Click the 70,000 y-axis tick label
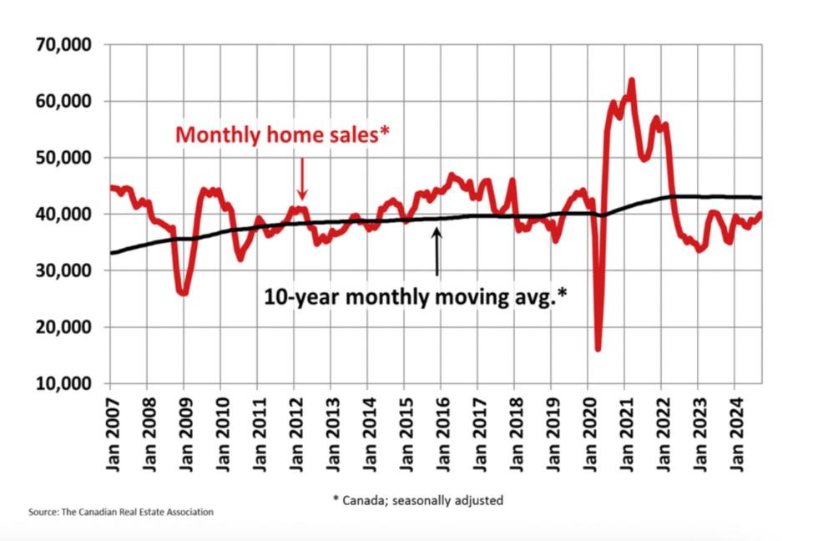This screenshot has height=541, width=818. (63, 44)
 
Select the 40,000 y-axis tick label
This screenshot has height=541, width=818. (63, 214)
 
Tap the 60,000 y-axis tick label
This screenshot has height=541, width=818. (63, 101)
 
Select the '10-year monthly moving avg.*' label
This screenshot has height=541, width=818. (416, 296)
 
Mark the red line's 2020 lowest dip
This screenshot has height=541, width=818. (598, 348)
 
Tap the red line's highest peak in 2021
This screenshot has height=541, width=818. (631, 80)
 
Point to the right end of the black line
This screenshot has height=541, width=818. (761, 197)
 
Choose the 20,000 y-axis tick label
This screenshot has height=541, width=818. (63, 327)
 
